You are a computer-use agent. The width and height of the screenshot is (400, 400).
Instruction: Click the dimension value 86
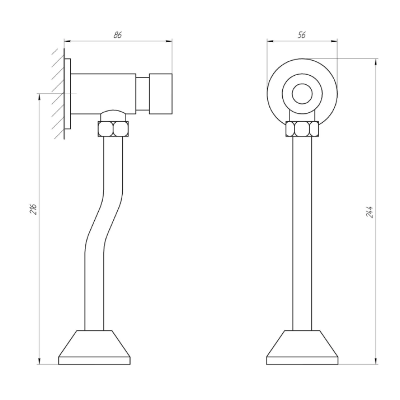(x=118, y=35)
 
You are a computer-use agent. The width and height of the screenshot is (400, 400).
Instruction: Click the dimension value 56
(x=301, y=35)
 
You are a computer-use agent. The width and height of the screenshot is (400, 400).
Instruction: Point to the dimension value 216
(x=34, y=209)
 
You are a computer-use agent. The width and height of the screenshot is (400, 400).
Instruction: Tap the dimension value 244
(x=369, y=212)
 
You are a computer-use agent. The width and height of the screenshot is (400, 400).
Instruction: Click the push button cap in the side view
(x=161, y=94)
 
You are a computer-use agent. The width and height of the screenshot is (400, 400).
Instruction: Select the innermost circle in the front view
(x=302, y=94)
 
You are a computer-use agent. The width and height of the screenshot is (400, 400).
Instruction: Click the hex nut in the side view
(x=113, y=129)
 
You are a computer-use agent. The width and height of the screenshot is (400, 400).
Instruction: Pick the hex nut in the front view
(x=302, y=129)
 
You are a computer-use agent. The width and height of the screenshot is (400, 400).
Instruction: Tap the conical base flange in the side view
(x=94, y=348)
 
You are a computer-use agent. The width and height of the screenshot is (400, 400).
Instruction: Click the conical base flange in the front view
(x=302, y=348)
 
